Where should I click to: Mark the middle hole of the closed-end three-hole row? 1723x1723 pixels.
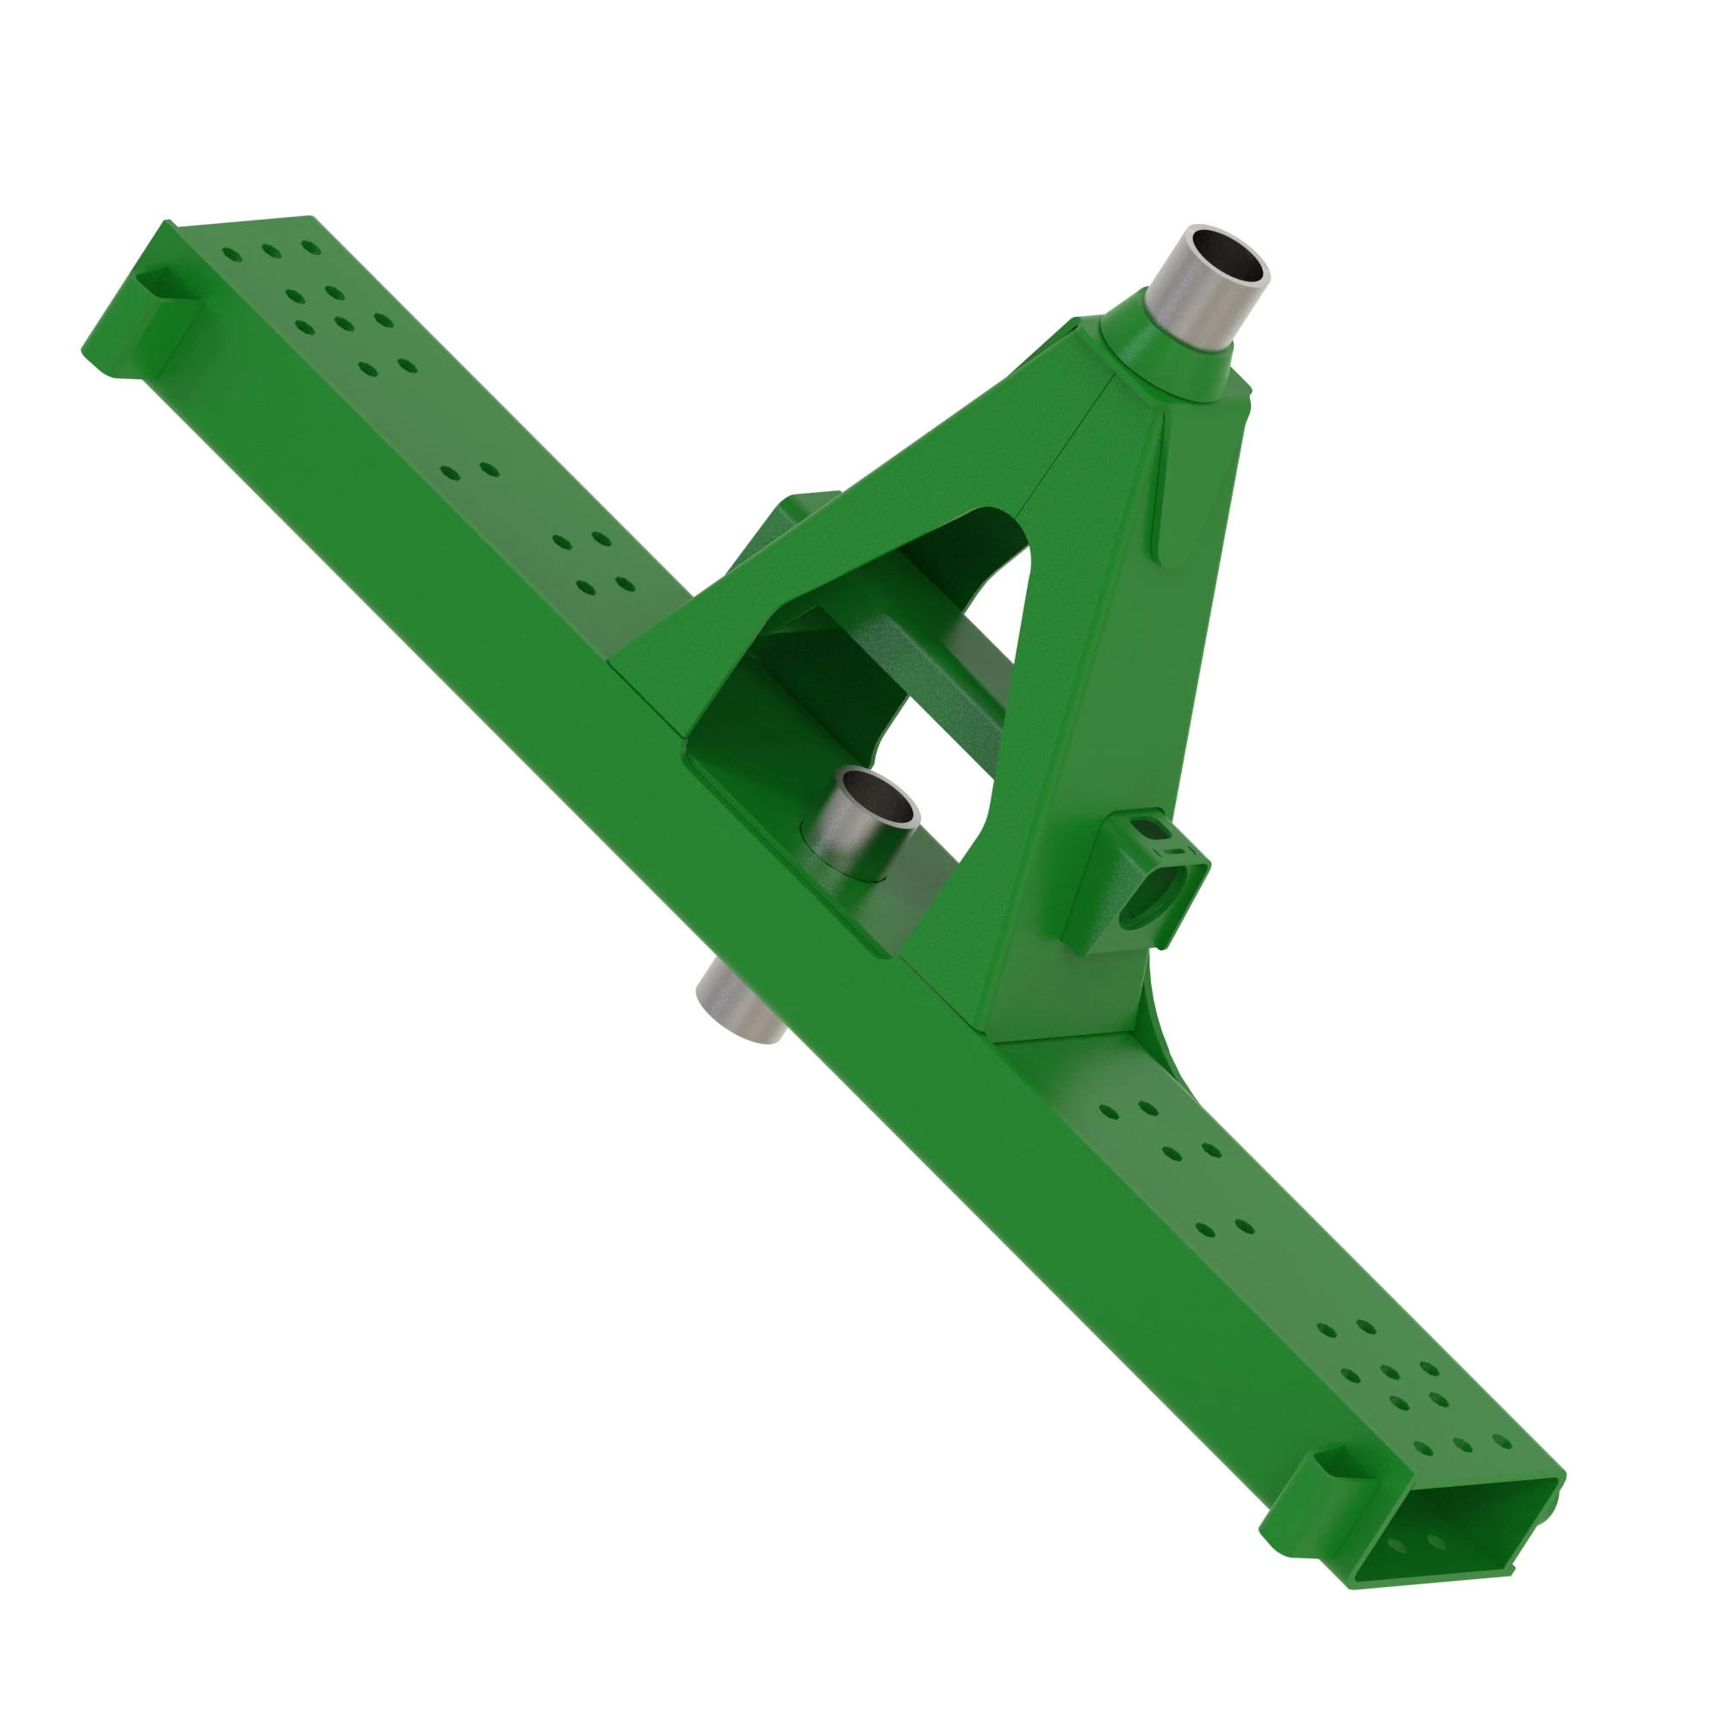pos(271,251)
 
